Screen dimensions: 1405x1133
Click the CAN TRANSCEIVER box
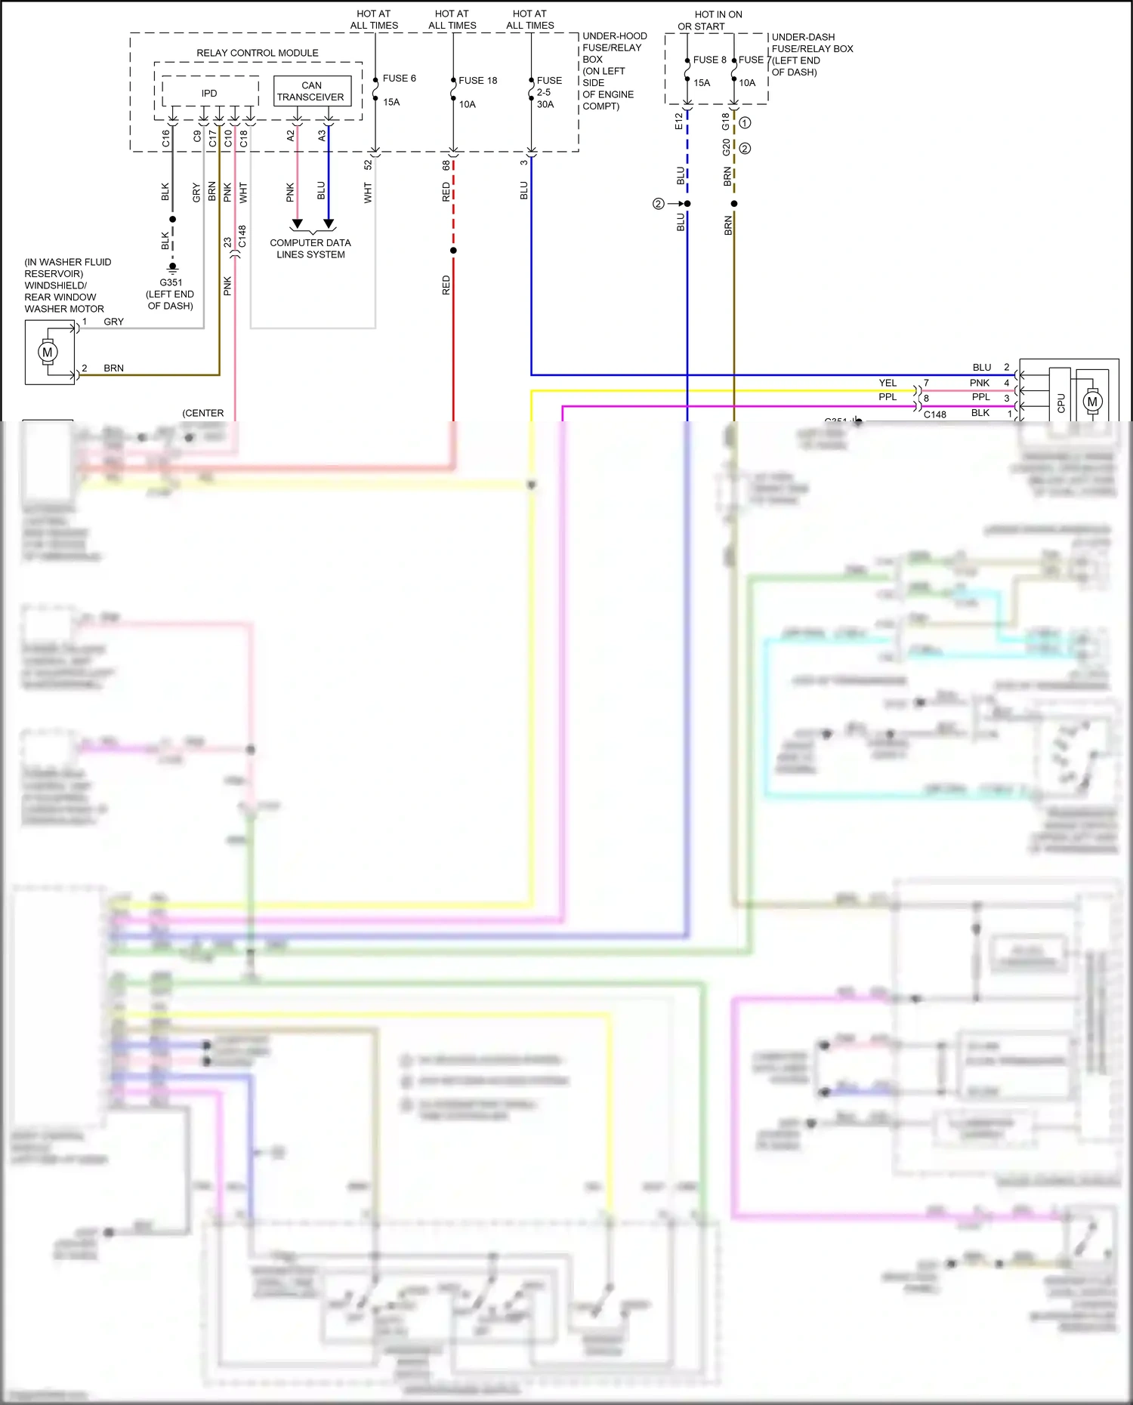coord(311,91)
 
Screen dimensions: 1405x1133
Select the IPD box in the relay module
coord(209,93)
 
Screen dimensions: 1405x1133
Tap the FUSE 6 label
coord(399,79)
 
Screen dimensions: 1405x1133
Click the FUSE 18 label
coord(477,81)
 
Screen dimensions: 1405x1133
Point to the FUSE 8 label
coord(709,60)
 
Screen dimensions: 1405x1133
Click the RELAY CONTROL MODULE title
coord(257,53)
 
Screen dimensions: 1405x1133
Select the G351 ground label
coord(171,282)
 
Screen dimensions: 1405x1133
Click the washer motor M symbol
coord(48,353)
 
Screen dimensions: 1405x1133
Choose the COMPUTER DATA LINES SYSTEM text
coord(310,248)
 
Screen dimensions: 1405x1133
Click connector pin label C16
coord(166,138)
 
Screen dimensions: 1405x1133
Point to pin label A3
coord(322,135)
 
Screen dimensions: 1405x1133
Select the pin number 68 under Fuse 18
coord(446,165)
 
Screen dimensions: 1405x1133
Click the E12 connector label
coord(679,121)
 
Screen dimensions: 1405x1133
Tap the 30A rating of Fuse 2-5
coord(545,105)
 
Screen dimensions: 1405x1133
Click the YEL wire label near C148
coord(888,383)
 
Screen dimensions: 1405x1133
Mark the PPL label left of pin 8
coord(888,397)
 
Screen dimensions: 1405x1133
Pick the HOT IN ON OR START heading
coord(710,20)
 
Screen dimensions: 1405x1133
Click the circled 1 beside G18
coord(745,122)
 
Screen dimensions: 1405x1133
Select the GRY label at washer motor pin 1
coord(113,322)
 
